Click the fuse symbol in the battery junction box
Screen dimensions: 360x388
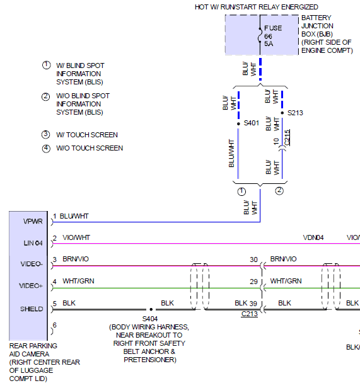coord(260,35)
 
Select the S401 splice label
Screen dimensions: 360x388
coord(251,123)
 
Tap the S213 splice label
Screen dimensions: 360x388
coord(295,113)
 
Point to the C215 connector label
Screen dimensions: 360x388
coord(287,137)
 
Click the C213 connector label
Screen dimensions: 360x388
coord(249,314)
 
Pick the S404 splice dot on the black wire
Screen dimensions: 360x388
coord(151,309)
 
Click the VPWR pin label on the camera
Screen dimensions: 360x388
coord(33,221)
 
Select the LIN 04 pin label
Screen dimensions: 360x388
coord(33,243)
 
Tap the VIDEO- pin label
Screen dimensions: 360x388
coord(32,264)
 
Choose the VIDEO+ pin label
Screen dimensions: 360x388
coord(31,286)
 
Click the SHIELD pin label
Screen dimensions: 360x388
coord(32,309)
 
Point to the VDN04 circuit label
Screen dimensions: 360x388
coord(313,237)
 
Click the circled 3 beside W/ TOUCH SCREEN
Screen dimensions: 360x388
coord(46,135)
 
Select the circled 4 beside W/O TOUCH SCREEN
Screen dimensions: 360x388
coord(46,149)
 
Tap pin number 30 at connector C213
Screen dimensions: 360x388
coord(253,260)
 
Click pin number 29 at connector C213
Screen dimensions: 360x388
coord(253,282)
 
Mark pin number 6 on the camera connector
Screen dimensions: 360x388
coord(55,325)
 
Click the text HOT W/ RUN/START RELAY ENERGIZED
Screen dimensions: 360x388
coord(257,7)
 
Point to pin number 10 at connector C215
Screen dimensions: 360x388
coord(276,142)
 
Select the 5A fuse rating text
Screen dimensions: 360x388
coord(269,44)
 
